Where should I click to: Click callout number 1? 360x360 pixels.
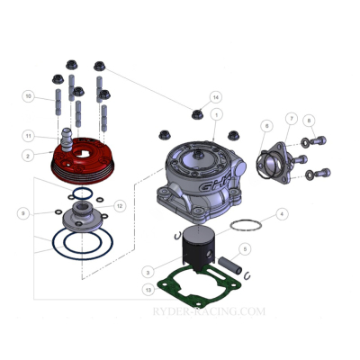(217, 115)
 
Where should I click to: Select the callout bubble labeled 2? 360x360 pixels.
(28, 155)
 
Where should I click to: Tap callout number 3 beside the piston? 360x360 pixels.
(147, 271)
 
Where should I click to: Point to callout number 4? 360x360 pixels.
(282, 214)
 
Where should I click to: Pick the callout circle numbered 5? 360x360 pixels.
(244, 248)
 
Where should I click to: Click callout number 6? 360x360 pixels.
(267, 125)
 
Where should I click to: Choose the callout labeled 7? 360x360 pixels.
(292, 118)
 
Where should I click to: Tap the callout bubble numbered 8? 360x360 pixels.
(309, 121)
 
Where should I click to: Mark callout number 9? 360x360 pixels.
(22, 212)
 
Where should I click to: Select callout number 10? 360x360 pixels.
(28, 96)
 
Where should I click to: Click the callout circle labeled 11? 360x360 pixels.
(28, 136)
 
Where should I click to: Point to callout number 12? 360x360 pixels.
(119, 206)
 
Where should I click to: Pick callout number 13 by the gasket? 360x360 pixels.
(147, 290)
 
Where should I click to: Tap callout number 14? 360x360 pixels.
(215, 96)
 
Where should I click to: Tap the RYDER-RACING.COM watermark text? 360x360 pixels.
(210, 312)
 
